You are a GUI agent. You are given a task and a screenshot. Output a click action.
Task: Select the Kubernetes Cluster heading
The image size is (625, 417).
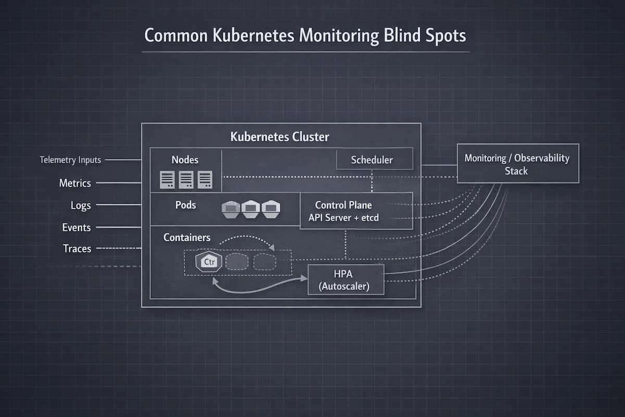tap(280, 137)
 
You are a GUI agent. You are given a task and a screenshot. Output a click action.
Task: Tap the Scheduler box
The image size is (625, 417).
tap(372, 160)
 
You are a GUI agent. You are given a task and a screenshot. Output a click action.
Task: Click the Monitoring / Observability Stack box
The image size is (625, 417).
tap(517, 164)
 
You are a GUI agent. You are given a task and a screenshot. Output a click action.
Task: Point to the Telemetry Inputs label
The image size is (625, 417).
tap(70, 160)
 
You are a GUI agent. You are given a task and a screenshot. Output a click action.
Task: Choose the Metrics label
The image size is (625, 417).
tap(75, 183)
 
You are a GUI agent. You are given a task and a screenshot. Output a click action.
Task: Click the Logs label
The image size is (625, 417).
tap(81, 205)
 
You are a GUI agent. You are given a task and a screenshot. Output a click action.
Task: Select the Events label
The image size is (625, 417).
tap(77, 227)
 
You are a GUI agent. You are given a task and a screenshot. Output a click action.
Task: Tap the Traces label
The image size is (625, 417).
tap(77, 249)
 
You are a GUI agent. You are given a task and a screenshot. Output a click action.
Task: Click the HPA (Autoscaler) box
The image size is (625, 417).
tap(346, 279)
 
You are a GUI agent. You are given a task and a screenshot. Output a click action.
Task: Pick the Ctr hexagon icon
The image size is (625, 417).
tap(208, 261)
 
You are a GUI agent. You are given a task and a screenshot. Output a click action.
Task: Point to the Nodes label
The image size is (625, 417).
tap(185, 160)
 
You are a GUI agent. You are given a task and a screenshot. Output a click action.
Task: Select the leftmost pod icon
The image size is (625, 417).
tap(231, 209)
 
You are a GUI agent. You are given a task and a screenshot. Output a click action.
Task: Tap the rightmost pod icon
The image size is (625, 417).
tap(271, 209)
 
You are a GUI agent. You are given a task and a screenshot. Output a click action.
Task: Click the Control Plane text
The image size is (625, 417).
tap(343, 205)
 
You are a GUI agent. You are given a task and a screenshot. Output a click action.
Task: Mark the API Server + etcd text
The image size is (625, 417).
tap(343, 218)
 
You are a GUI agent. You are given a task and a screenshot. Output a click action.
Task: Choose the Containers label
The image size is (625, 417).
tap(187, 237)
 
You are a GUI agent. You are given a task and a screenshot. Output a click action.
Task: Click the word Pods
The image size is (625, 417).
tap(186, 205)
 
